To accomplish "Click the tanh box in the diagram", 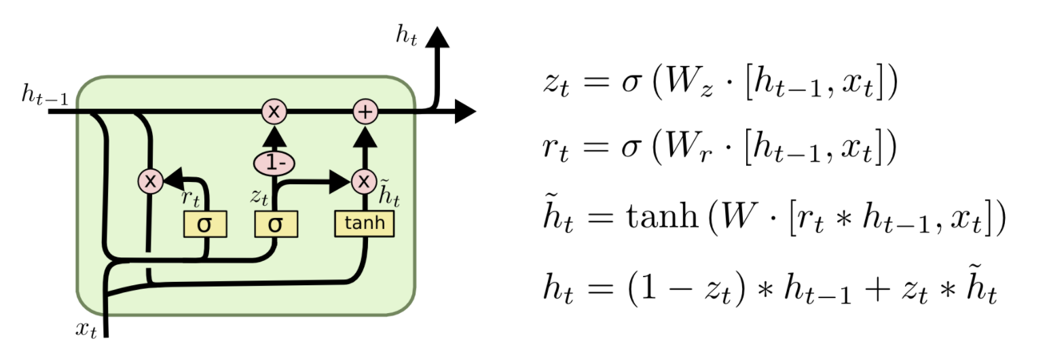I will pos(364,223).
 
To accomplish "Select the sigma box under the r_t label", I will pos(205,223).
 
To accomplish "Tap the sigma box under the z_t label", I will pos(276,223).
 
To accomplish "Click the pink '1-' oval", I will pos(274,164).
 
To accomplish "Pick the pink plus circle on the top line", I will pos(365,112).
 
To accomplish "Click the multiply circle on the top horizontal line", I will pos(274,112).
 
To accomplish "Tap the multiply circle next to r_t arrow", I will pos(149,181).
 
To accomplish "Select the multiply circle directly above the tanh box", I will pos(365,181).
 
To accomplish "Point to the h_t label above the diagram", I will pos(406,35).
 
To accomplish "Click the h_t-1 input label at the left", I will pos(44,97).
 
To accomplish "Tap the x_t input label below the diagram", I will pos(86,331).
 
